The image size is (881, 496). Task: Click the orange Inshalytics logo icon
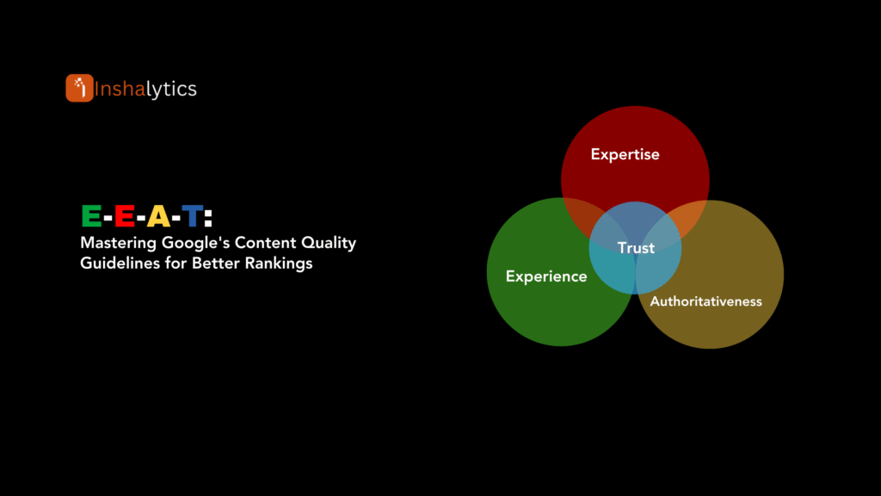[79, 88]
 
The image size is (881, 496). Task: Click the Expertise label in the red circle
[625, 155]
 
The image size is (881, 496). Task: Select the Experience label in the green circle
[546, 276]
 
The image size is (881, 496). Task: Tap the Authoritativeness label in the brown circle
[705, 301]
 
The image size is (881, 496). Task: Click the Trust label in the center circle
[636, 248]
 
